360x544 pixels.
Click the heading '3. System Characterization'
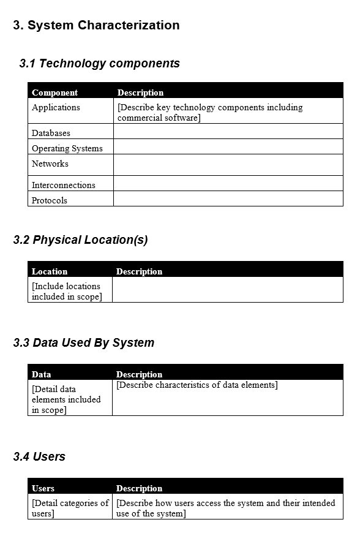click(x=96, y=25)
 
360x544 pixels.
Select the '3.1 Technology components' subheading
click(x=100, y=63)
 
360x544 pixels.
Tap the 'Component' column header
click(x=54, y=93)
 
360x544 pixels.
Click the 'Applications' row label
click(x=56, y=107)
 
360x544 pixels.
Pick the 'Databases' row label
click(x=51, y=133)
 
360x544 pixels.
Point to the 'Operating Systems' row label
click(x=67, y=148)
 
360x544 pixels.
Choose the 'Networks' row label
click(x=50, y=164)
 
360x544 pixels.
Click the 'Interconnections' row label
click(x=64, y=185)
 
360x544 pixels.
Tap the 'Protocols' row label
click(x=50, y=200)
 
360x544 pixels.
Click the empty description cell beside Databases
click(x=228, y=132)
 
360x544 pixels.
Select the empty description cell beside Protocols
click(x=228, y=199)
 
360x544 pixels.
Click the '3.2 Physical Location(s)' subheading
click(x=80, y=240)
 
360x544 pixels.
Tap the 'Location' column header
click(x=50, y=271)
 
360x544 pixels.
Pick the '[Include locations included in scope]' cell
click(x=67, y=291)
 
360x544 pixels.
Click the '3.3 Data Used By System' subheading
click(x=84, y=342)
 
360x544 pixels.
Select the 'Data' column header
click(x=42, y=374)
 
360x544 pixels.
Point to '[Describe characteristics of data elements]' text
click(x=197, y=385)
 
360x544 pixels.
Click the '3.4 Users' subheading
click(x=39, y=456)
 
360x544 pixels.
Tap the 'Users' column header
click(x=43, y=488)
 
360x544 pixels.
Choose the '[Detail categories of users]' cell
click(x=70, y=508)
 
